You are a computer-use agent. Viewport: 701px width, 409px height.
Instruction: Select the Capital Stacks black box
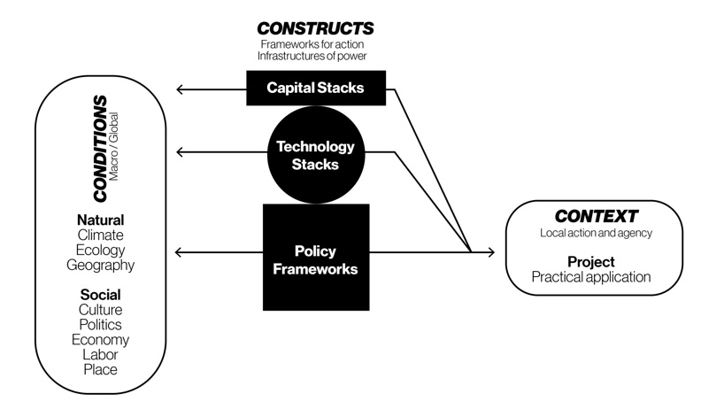point(317,88)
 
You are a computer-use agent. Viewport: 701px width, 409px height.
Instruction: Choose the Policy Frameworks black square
point(316,258)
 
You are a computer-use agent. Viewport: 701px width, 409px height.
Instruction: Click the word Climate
point(99,235)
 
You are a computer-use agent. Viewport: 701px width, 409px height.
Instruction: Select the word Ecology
point(99,250)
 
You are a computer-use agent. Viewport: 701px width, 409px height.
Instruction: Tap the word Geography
point(99,265)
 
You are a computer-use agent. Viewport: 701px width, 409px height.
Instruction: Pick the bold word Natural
point(99,220)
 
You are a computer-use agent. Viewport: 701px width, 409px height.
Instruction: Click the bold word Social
point(99,294)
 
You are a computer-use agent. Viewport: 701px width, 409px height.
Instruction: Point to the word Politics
point(99,324)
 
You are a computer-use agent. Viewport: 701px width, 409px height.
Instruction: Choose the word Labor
point(99,354)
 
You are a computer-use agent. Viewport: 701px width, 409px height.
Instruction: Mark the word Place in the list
point(99,369)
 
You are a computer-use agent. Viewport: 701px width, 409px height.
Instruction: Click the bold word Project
point(590,262)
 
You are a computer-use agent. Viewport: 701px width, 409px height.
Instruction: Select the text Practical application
point(590,277)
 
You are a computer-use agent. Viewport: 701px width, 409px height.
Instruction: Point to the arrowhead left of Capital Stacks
point(181,89)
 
